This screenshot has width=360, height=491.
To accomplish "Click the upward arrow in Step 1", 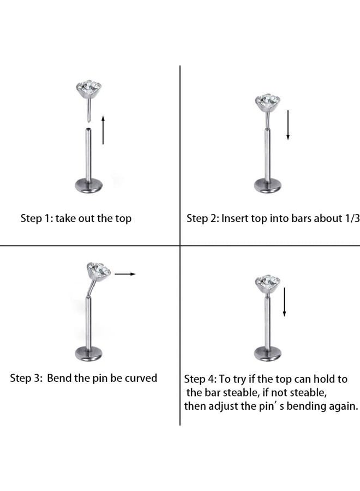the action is [103, 130].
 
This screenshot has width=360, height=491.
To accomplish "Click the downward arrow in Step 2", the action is [288, 125].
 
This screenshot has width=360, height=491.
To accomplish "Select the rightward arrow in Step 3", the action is [125, 274].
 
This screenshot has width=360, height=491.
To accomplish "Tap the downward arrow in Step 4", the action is [284, 302].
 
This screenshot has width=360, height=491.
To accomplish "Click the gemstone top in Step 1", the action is [89, 88].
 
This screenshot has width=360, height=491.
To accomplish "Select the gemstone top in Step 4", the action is [267, 283].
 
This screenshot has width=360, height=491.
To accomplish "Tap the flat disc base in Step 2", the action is [268, 185].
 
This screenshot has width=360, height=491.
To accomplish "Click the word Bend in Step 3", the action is [59, 378].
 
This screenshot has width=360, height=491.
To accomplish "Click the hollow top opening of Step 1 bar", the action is [88, 129].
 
